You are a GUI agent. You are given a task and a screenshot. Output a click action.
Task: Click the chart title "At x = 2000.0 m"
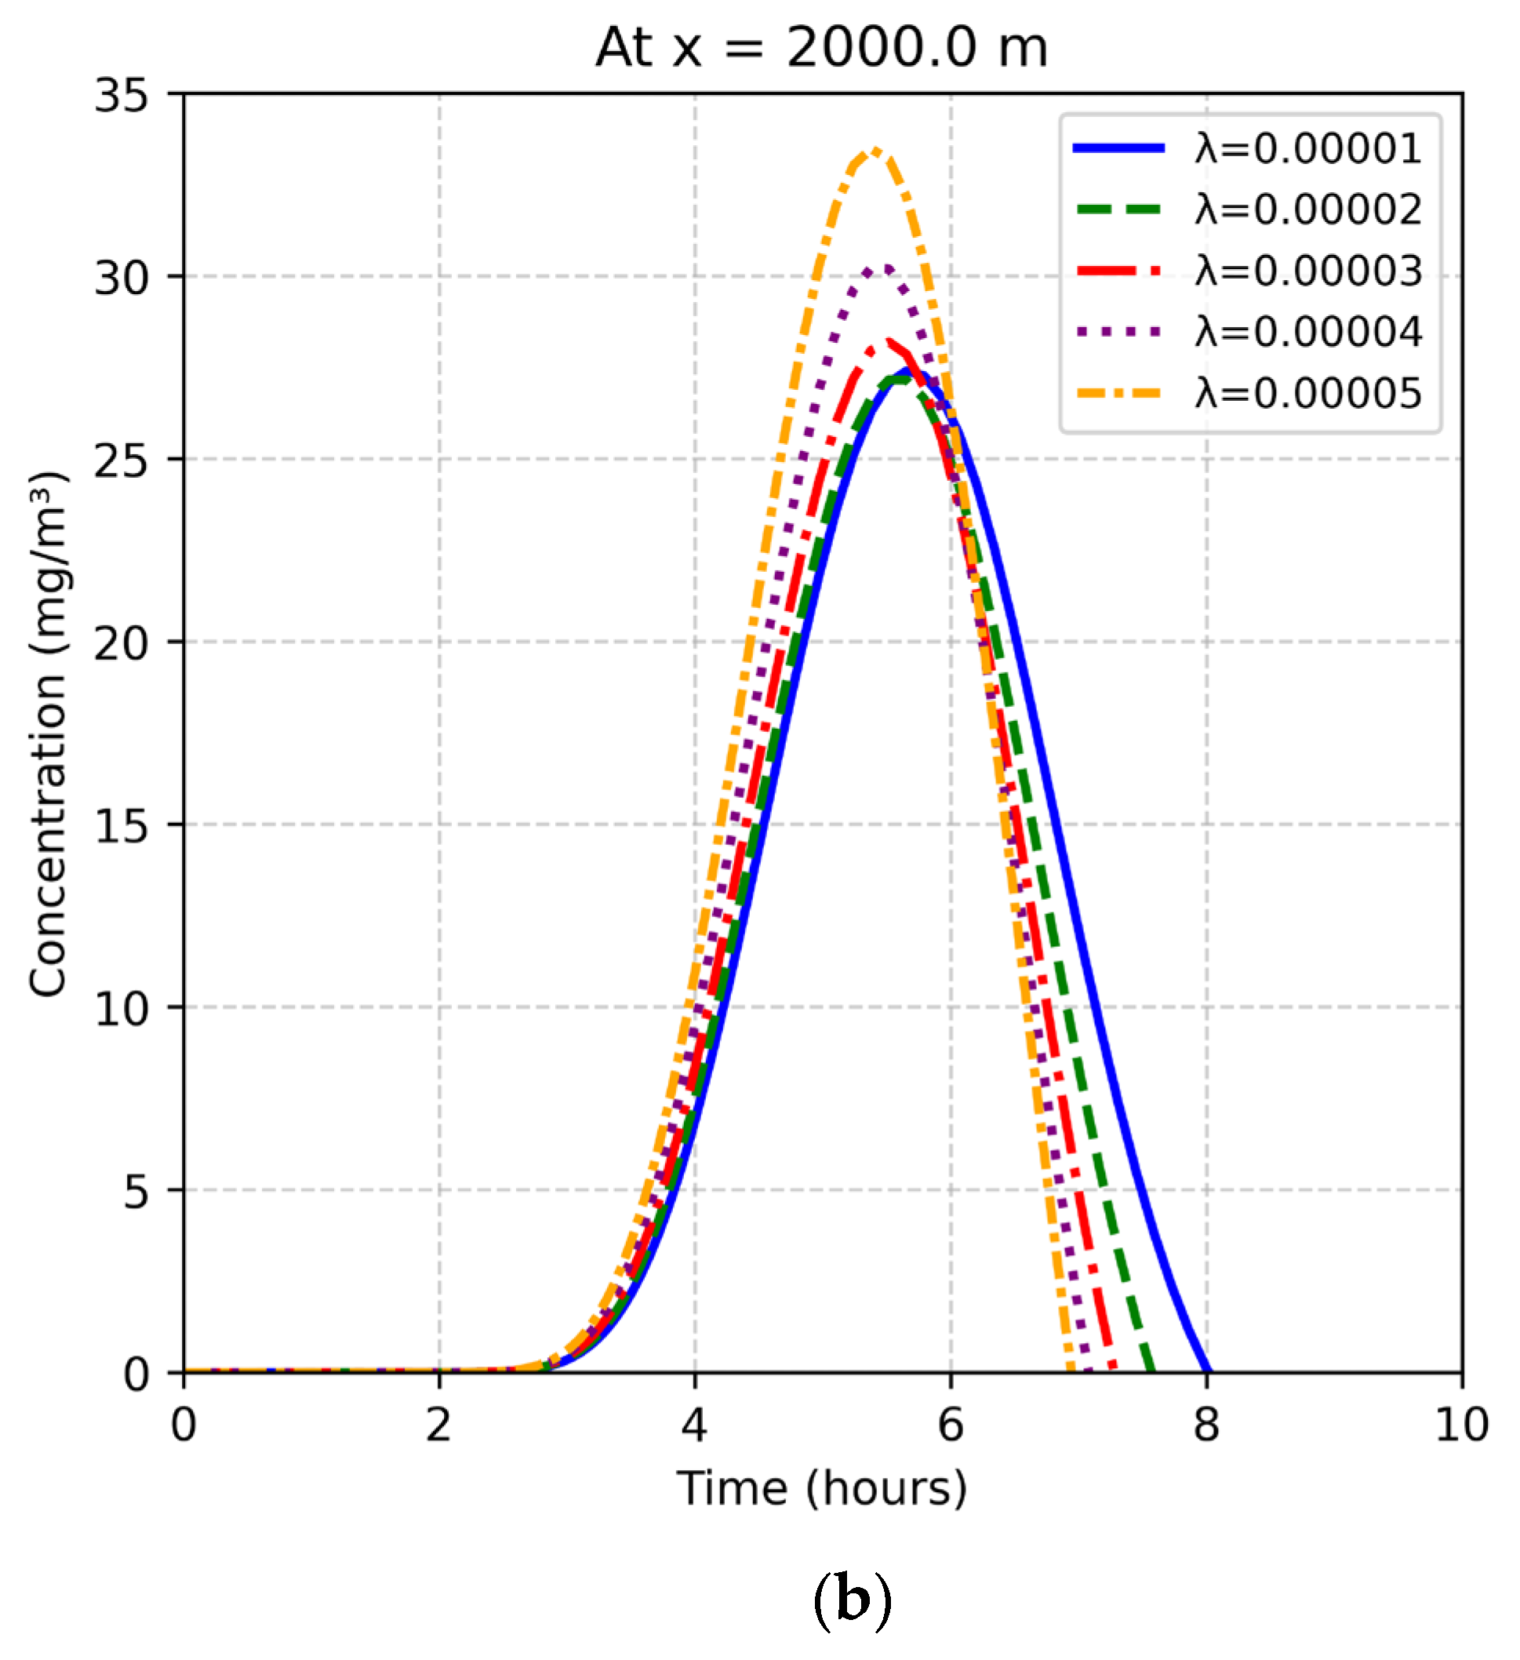821,47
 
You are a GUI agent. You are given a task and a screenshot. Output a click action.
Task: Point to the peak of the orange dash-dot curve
876,150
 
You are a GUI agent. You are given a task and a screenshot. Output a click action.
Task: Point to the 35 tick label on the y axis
121,96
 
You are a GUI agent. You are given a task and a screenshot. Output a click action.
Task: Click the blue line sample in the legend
1119,148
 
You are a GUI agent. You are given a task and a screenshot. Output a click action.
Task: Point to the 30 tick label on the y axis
121,278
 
